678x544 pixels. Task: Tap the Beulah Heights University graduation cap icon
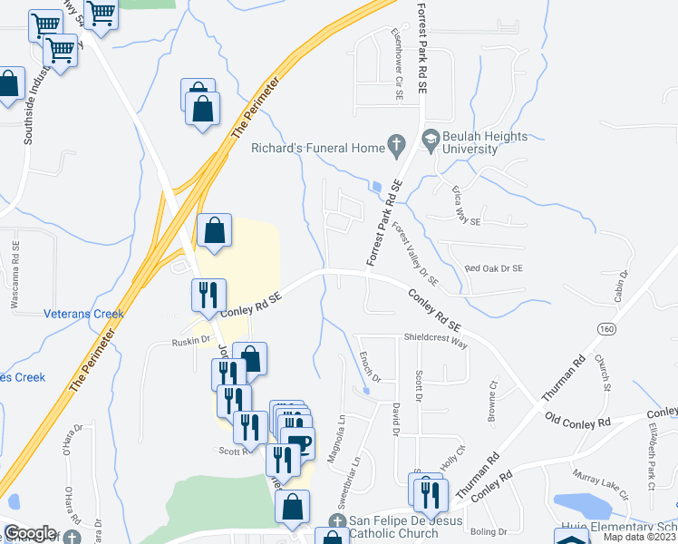point(430,140)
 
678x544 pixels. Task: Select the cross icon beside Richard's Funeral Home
point(395,143)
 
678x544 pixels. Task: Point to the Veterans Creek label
point(83,314)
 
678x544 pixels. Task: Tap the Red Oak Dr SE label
point(493,268)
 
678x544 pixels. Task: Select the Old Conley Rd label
point(578,420)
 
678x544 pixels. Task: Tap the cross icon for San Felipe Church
point(337,521)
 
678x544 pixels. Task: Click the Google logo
point(30,533)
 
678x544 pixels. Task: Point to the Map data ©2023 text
point(639,538)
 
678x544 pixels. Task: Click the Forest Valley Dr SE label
point(415,255)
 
